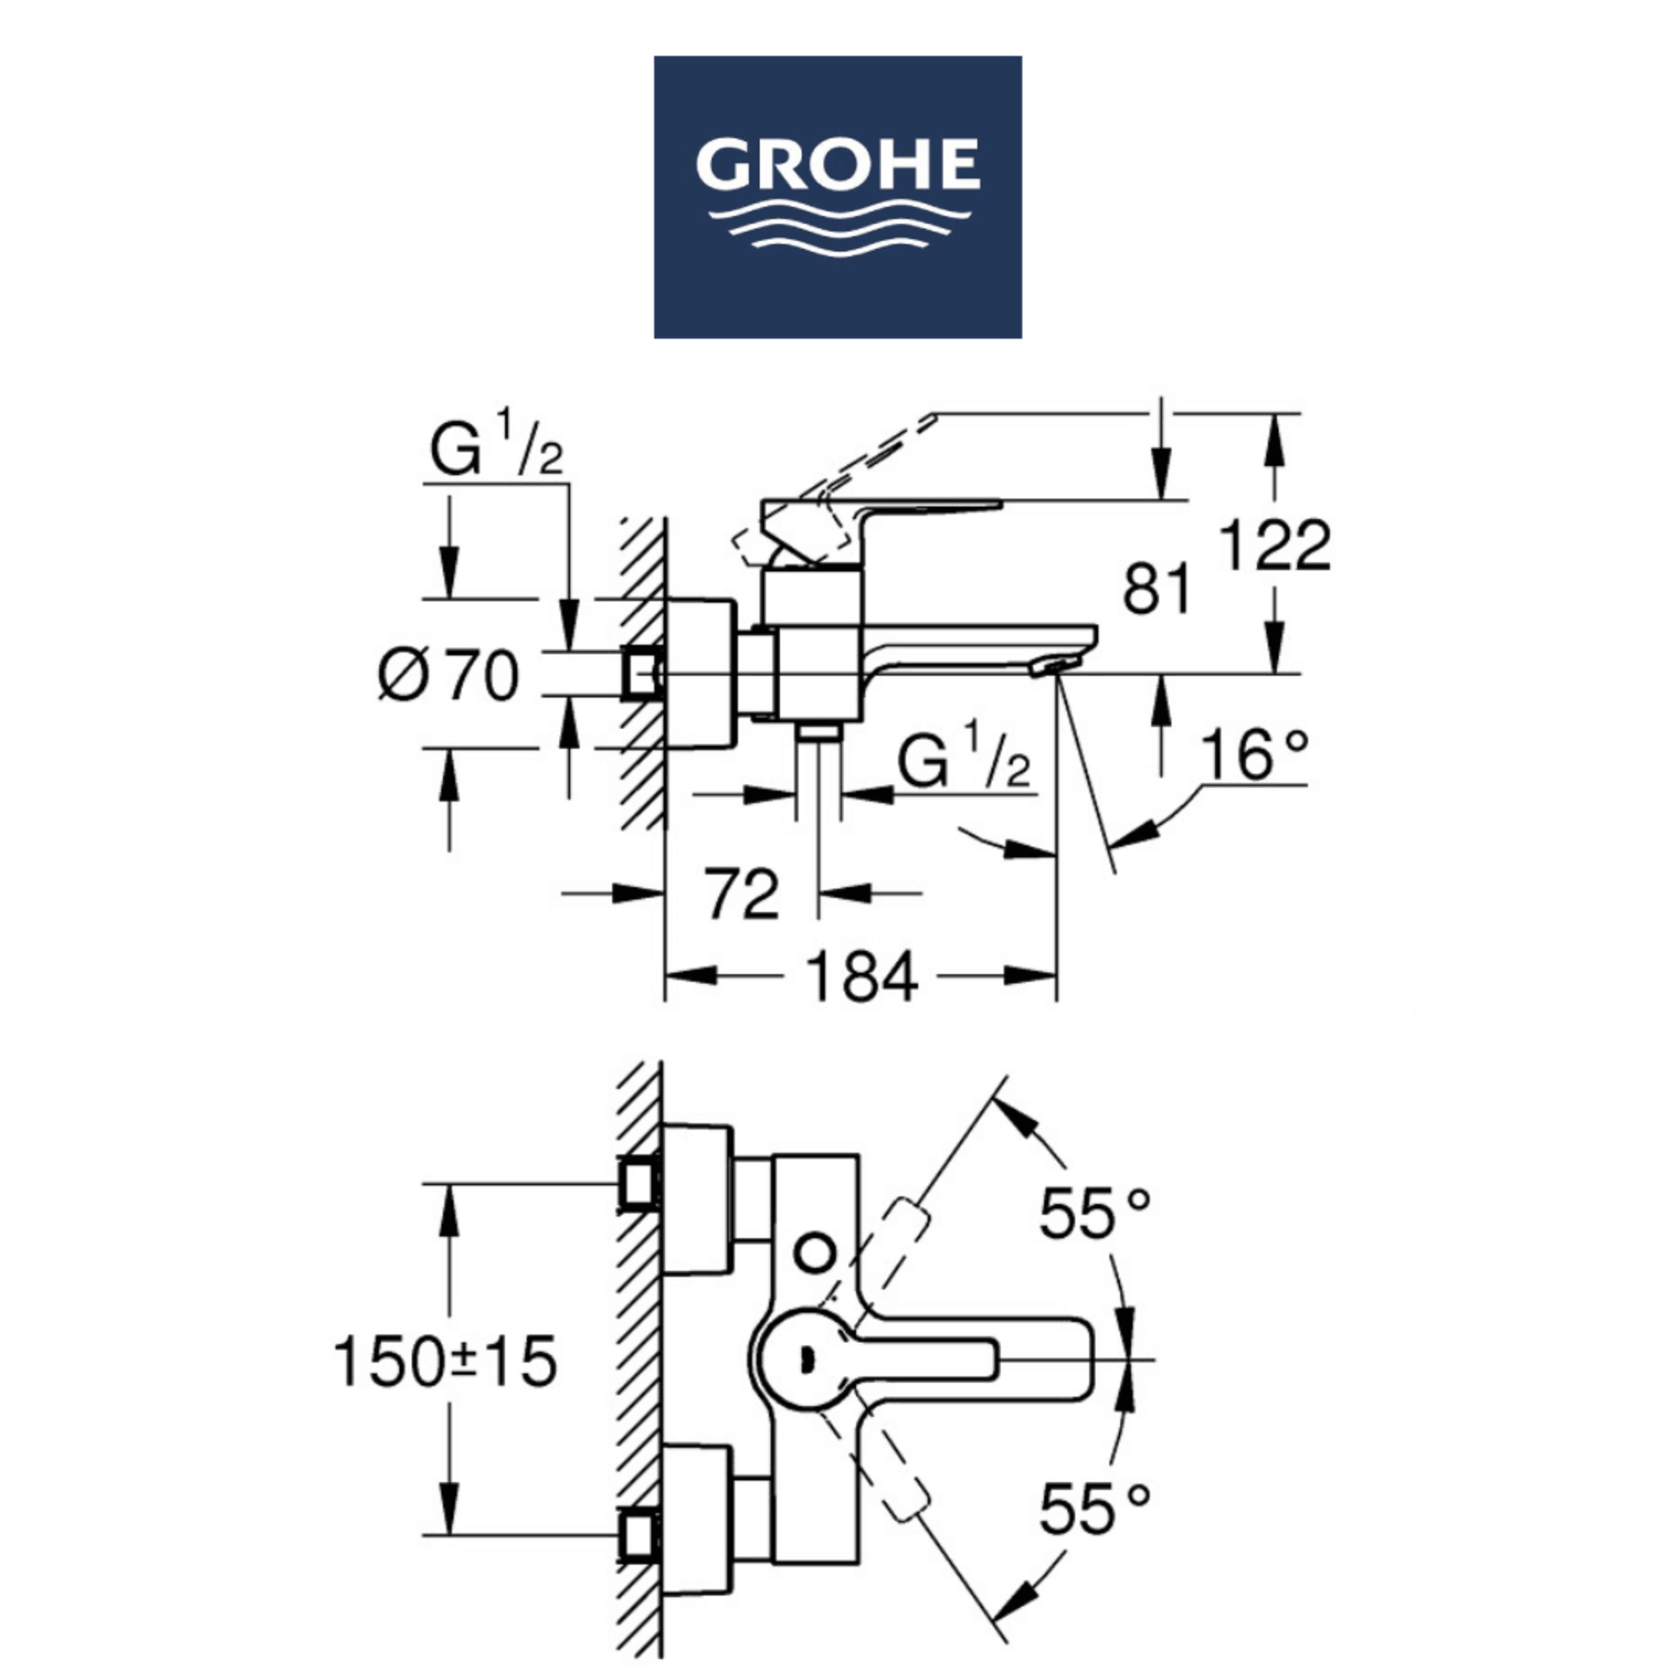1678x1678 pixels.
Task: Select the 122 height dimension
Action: pos(1274,545)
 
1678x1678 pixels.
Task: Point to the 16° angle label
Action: pos(1253,754)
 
